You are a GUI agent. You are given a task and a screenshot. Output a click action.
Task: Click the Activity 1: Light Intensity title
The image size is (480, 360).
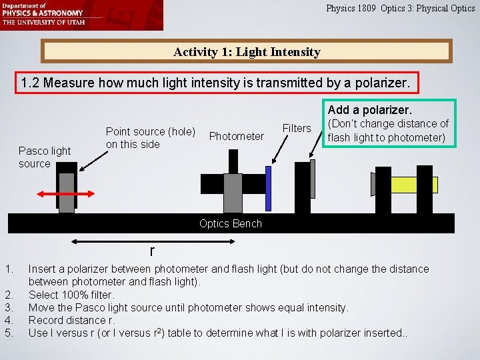[x=247, y=51]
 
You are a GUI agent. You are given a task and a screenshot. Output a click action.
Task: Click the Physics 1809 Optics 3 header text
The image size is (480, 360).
[x=400, y=9]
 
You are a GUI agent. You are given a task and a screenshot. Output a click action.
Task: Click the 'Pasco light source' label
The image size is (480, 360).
[x=44, y=157]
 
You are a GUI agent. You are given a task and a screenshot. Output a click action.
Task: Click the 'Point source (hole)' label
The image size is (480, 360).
[x=150, y=137]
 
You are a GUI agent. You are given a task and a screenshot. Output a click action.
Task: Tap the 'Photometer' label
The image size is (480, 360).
[x=236, y=136]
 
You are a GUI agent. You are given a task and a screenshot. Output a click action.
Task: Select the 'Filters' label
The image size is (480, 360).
[x=297, y=128]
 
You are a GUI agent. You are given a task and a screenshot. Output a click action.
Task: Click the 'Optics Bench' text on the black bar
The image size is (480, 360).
[x=231, y=223]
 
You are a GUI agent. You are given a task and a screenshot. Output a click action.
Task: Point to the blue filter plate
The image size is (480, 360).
[x=268, y=188]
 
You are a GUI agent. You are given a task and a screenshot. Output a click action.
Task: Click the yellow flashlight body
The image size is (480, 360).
[x=414, y=185]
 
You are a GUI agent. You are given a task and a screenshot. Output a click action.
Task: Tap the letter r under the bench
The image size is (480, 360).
[x=152, y=250]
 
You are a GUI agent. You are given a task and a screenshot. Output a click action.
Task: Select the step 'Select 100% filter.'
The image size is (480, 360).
[x=71, y=294]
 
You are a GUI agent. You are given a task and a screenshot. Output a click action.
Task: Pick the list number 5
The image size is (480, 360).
[x=8, y=332]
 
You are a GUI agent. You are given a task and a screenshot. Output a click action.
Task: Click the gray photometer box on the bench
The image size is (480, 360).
[x=232, y=193]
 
